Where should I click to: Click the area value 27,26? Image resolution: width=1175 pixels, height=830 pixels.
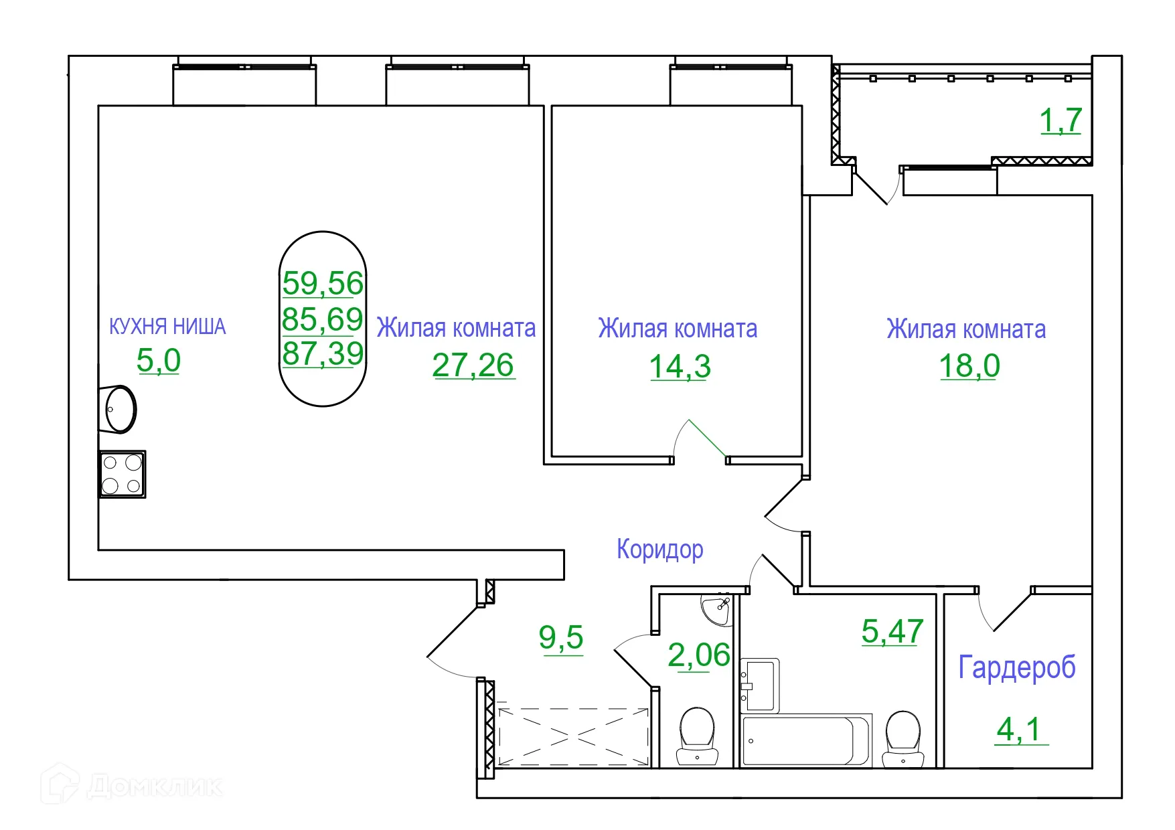click(473, 365)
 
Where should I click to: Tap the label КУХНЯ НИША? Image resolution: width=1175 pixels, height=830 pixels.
click(167, 327)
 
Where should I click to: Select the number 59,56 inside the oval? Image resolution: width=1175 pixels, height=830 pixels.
click(323, 283)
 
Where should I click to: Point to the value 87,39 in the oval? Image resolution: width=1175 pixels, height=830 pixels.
click(323, 353)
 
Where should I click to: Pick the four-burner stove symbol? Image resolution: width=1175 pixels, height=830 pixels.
click(123, 474)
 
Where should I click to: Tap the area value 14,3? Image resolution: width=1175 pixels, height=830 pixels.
click(680, 367)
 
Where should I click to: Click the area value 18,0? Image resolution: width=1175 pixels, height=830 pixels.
click(969, 366)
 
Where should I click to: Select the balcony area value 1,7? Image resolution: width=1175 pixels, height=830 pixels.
click(1060, 121)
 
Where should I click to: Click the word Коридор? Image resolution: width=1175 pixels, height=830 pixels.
click(659, 550)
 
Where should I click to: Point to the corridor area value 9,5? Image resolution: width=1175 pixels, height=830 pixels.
click(561, 637)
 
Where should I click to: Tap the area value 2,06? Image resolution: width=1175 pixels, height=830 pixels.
click(698, 655)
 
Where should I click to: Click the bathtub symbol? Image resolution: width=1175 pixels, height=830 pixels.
click(805, 741)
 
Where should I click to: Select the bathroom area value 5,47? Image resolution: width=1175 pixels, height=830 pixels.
click(892, 631)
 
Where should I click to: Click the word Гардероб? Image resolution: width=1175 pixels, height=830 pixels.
click(1016, 667)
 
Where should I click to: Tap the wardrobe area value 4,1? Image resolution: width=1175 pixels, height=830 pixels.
click(1019, 729)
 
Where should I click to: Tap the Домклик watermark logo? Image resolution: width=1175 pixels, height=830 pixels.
click(131, 785)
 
